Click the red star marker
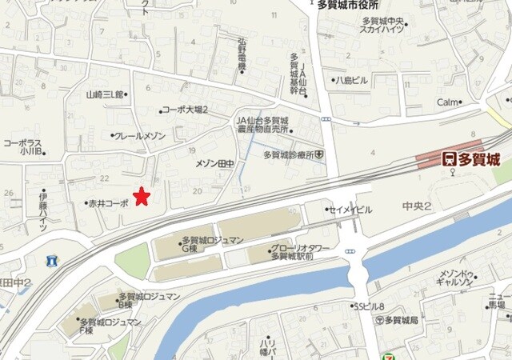(142, 195)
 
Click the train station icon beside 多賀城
(450, 159)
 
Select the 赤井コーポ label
(107, 204)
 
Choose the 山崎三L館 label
(106, 94)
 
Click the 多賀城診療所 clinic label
(288, 154)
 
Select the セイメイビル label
(351, 210)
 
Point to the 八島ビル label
(351, 80)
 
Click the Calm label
(448, 102)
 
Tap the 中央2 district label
(417, 206)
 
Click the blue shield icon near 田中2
(52, 261)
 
